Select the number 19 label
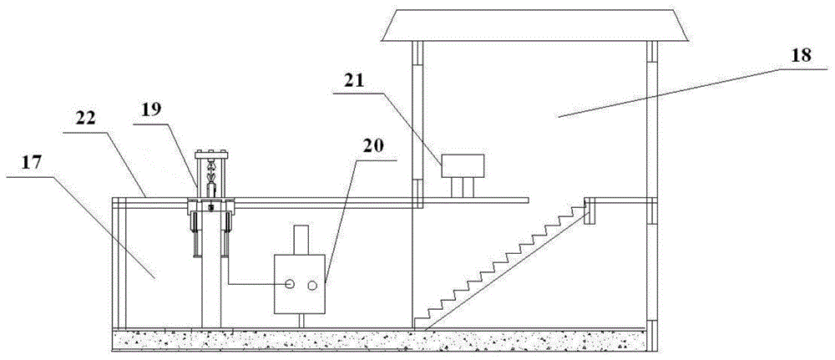(x=153, y=109)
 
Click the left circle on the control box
(x=290, y=285)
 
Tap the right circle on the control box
(x=312, y=285)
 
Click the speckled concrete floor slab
(x=376, y=339)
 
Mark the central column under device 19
(x=211, y=284)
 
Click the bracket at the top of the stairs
(x=590, y=211)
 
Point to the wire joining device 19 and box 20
(x=250, y=284)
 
